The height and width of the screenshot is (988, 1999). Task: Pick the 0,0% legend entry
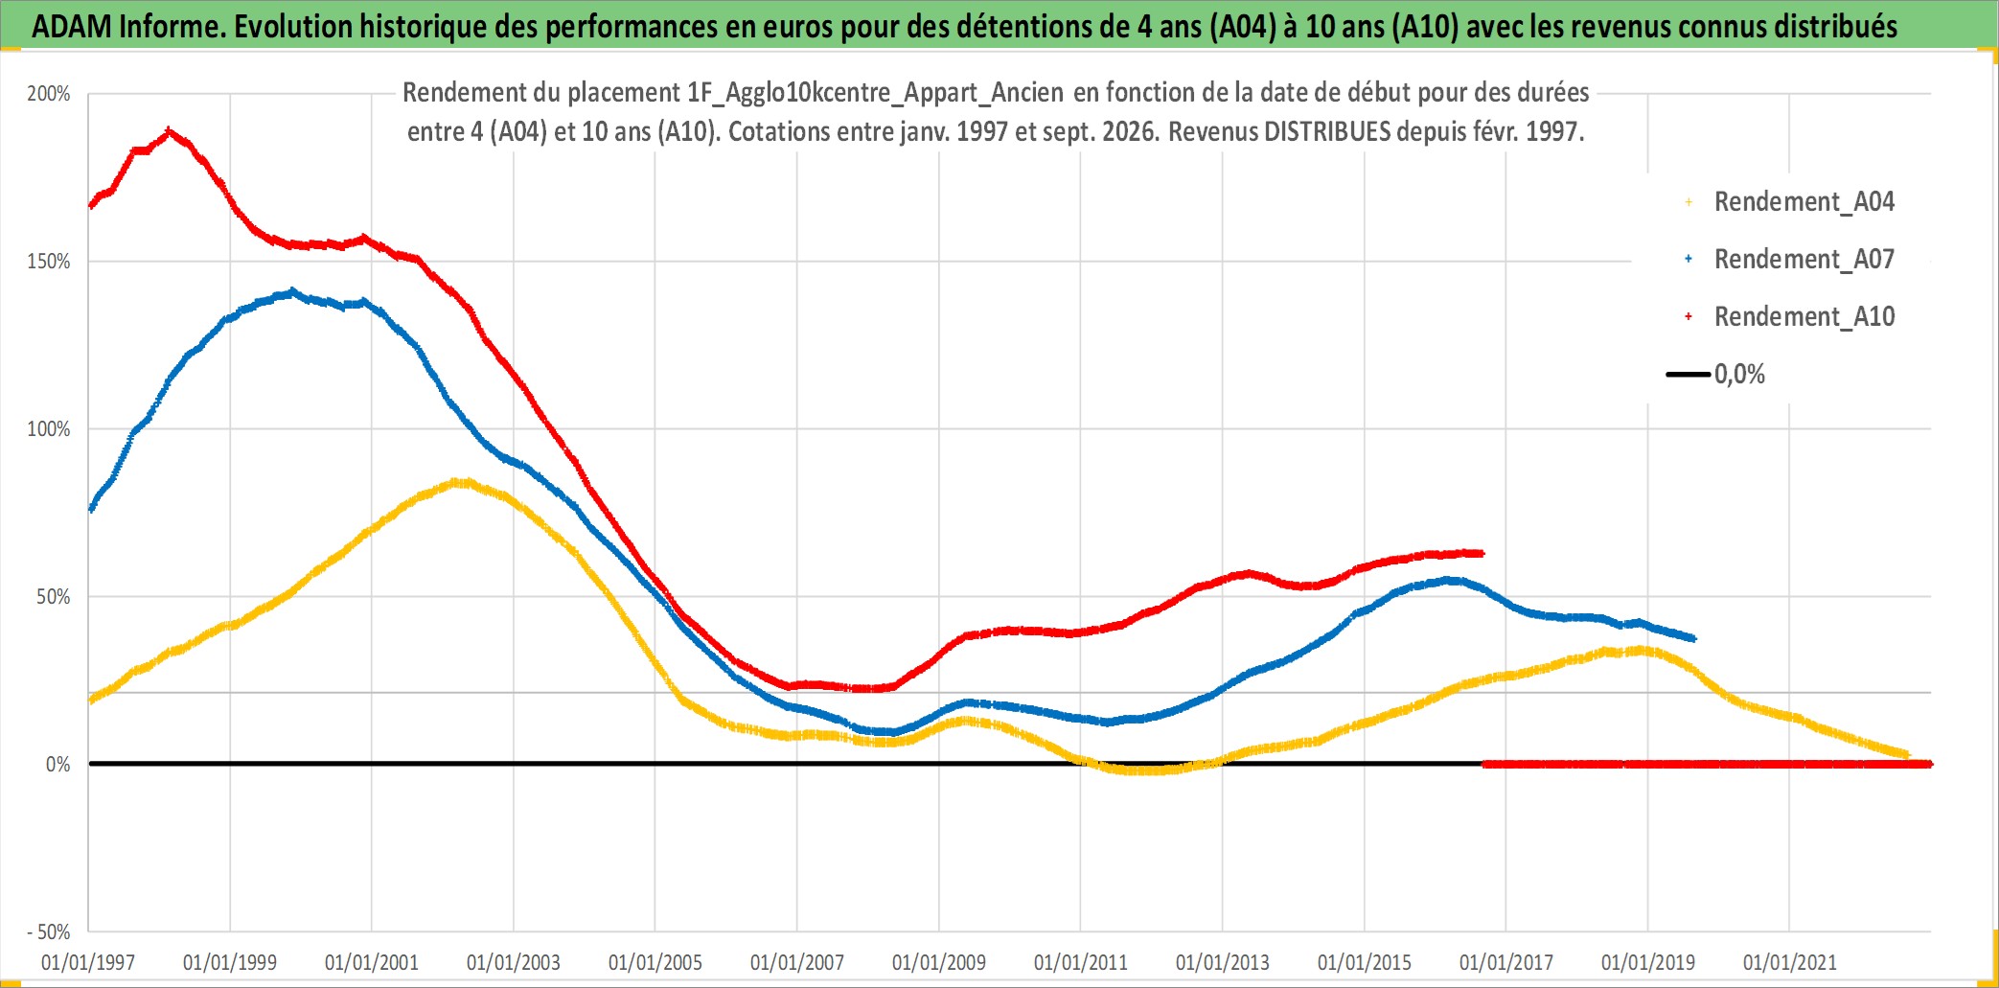(x=1716, y=374)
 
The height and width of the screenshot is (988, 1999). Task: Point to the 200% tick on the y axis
(x=49, y=94)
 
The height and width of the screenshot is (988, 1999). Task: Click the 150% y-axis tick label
(x=49, y=262)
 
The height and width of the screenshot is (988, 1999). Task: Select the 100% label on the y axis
(x=49, y=429)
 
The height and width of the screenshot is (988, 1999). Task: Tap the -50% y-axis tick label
(x=48, y=931)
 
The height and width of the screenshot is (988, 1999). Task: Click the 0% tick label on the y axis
(x=58, y=765)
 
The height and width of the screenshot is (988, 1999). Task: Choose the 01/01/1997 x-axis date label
(x=88, y=962)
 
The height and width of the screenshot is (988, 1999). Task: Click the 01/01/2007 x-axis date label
(x=797, y=962)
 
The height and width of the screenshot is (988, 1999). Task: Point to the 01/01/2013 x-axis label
(x=1223, y=962)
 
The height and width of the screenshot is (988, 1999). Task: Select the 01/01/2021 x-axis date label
(x=1790, y=962)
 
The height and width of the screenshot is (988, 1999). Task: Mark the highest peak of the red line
(x=170, y=131)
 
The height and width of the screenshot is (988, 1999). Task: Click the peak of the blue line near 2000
(x=292, y=291)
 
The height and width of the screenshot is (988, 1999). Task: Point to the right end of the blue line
(x=1693, y=638)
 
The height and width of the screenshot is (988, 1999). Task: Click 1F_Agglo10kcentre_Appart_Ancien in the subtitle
(x=875, y=93)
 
